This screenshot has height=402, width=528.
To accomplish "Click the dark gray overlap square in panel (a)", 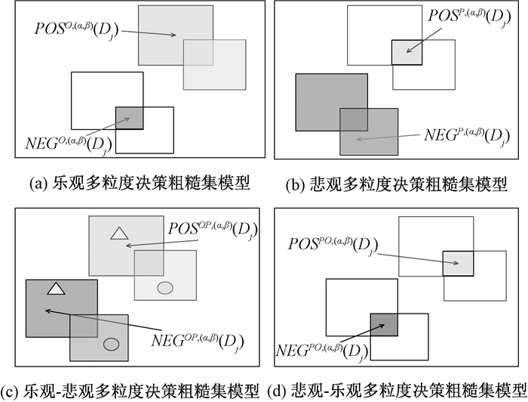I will (x=129, y=118).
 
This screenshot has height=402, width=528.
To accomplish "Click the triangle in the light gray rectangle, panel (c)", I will (x=118, y=233).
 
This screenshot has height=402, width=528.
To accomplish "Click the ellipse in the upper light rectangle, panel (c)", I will (x=164, y=287).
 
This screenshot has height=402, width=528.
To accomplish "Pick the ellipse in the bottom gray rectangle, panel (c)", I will (x=111, y=344).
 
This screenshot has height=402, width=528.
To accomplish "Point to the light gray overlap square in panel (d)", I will (x=458, y=263).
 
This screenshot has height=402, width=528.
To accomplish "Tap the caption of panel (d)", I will (x=397, y=391).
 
